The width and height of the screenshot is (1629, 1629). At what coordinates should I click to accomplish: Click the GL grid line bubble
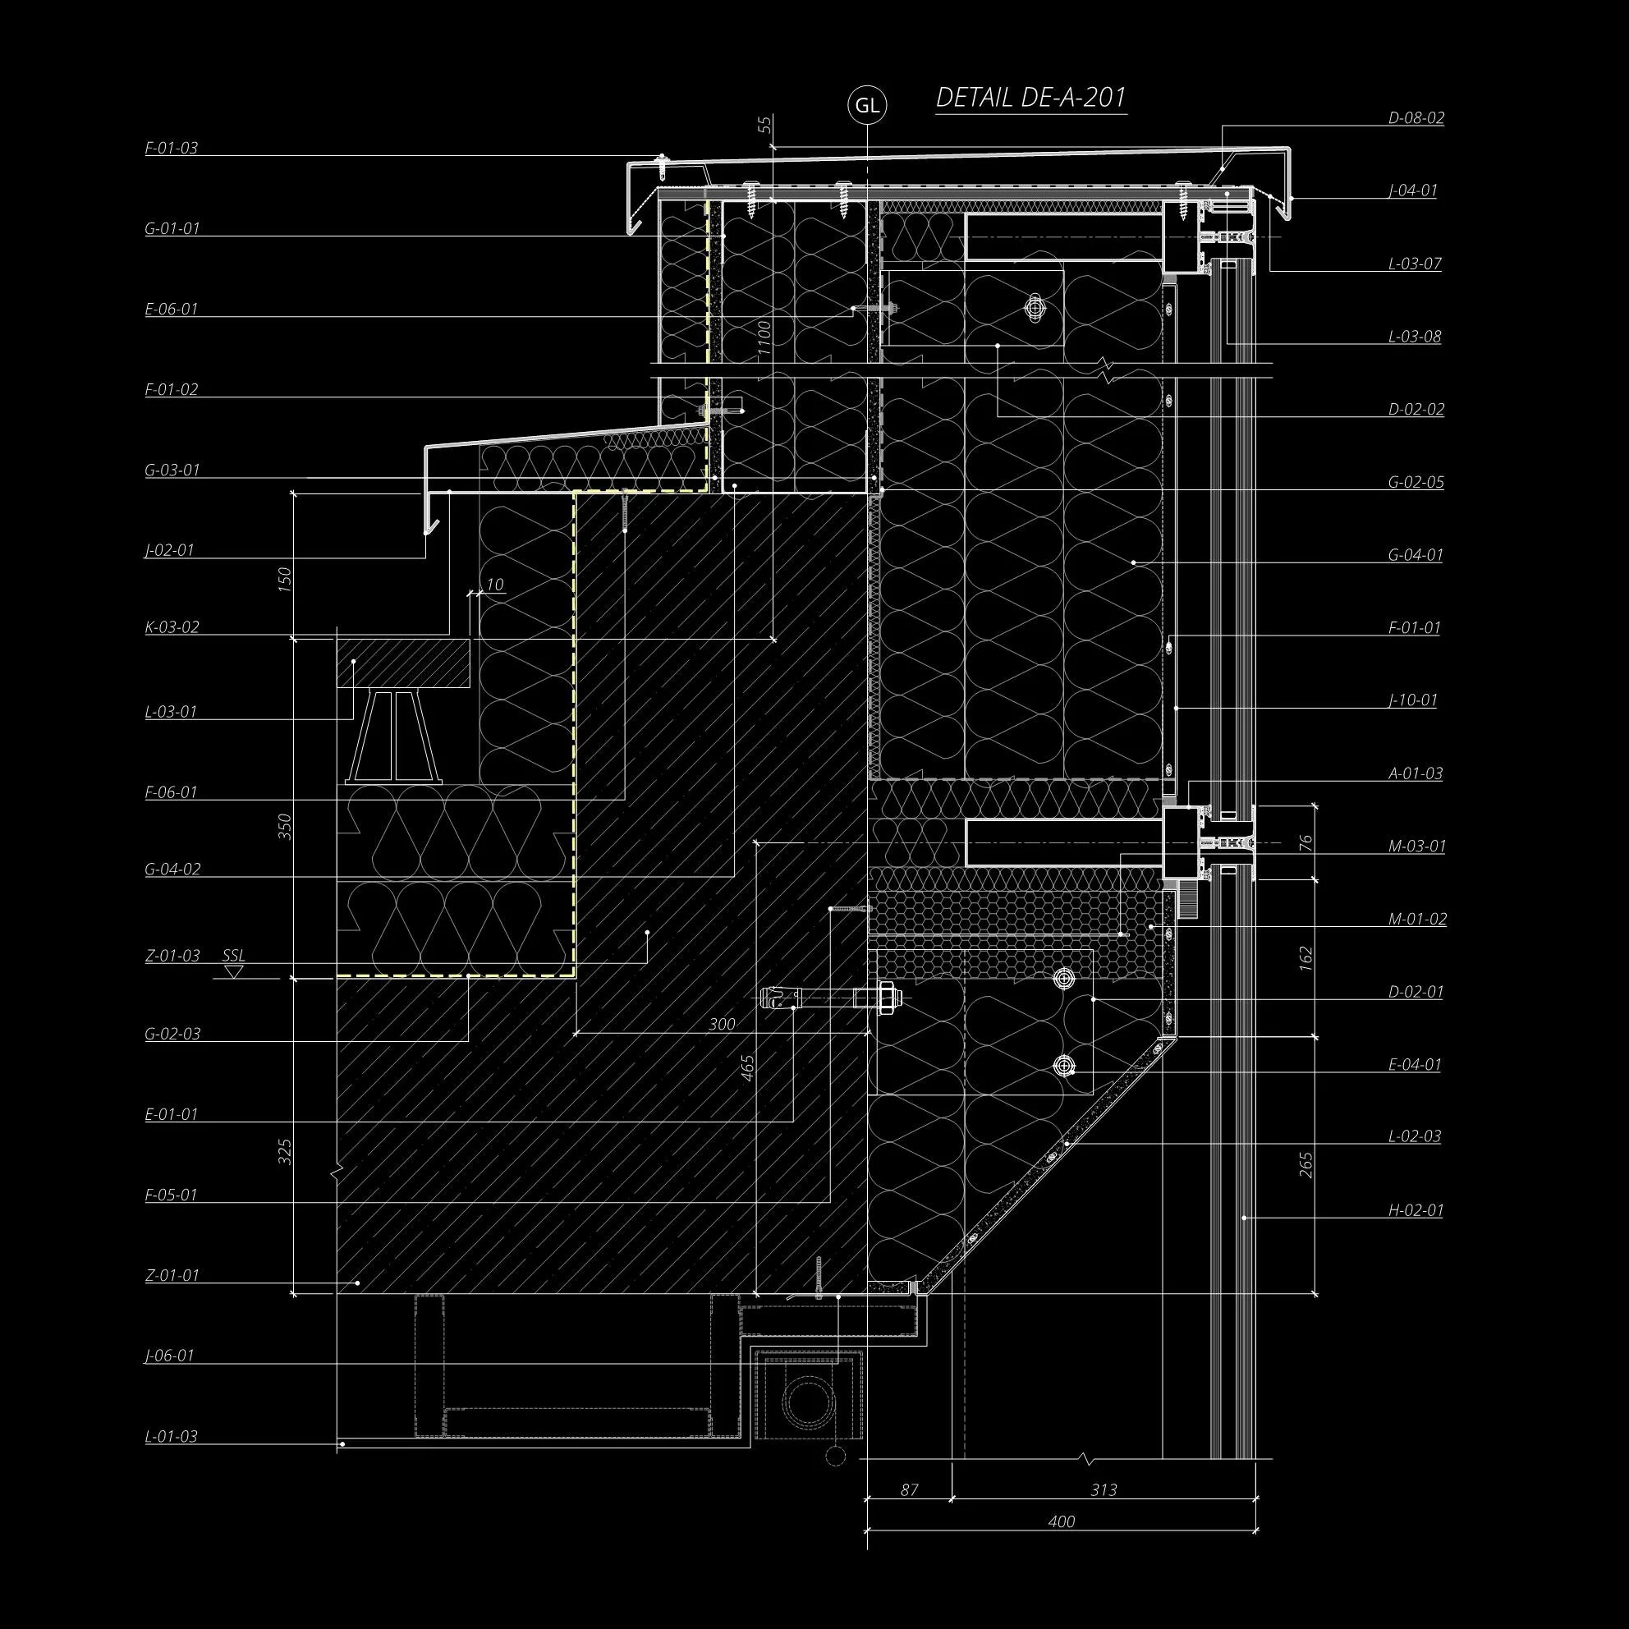[867, 105]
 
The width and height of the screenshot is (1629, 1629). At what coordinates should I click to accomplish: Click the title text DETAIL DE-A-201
[1030, 98]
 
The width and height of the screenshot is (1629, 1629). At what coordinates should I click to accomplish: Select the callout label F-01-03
[171, 149]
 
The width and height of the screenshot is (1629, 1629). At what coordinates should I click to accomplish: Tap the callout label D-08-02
[1416, 118]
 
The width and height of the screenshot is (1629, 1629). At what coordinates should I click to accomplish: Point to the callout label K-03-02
[172, 627]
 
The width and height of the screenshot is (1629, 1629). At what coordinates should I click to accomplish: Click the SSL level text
[233, 955]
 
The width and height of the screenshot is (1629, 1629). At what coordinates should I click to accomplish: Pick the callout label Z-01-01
[172, 1275]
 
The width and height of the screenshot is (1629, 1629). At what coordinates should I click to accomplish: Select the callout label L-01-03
[171, 1436]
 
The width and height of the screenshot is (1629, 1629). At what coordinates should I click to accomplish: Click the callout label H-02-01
[1416, 1211]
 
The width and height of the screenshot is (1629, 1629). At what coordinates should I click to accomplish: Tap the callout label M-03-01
[1416, 846]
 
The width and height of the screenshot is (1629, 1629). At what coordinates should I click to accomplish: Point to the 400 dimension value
[1062, 1521]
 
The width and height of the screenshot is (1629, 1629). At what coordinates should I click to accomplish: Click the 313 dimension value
[1104, 1490]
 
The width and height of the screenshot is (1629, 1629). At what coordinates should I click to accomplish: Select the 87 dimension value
[909, 1490]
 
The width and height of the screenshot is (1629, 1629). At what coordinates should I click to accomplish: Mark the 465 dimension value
[747, 1068]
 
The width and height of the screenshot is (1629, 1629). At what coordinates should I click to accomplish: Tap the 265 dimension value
[1306, 1164]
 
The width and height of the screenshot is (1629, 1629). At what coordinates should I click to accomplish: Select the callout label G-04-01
[1416, 555]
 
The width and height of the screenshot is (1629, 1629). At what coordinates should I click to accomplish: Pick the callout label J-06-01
[169, 1356]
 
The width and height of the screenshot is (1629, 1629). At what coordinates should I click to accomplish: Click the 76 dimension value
[1306, 842]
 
